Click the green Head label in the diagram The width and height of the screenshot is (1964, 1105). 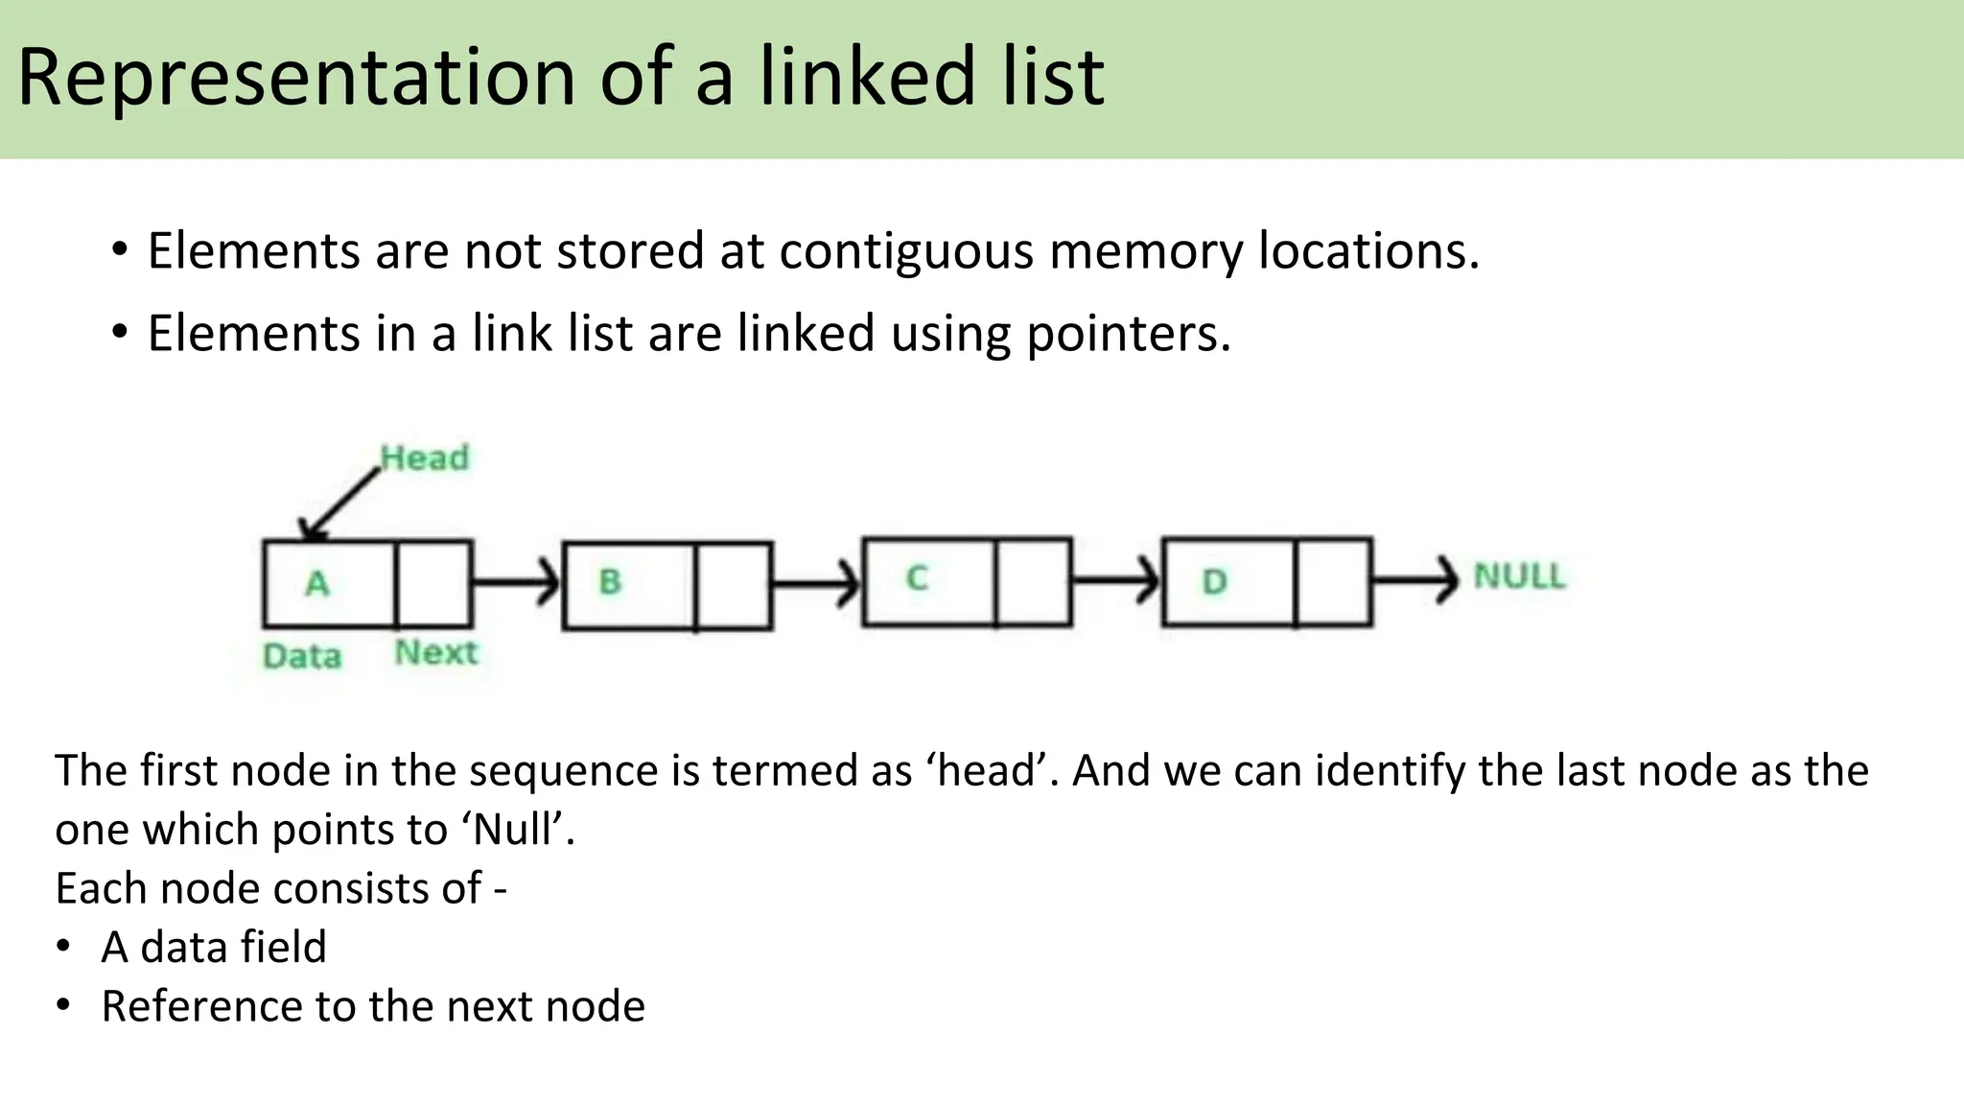tap(425, 458)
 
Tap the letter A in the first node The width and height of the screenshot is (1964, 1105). tap(317, 583)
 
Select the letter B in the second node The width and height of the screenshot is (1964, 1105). tap(610, 581)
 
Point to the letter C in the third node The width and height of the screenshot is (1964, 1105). tap(917, 578)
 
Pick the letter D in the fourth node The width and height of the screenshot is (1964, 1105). tap(1214, 581)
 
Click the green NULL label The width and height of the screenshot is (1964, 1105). tap(1519, 576)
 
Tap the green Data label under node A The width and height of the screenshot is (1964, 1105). tap(302, 656)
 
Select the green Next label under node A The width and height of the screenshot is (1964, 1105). tap(436, 652)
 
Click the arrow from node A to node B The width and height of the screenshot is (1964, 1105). tap(516, 582)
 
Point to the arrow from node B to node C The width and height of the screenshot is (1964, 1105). tap(816, 582)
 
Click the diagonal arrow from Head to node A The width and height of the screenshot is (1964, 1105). tap(340, 504)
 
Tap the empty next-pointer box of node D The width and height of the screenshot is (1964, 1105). tap(1333, 582)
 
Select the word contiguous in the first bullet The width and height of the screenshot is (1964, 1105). tap(905, 251)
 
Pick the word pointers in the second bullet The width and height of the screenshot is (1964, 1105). tap(1128, 334)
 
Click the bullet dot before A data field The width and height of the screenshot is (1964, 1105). tap(63, 947)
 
